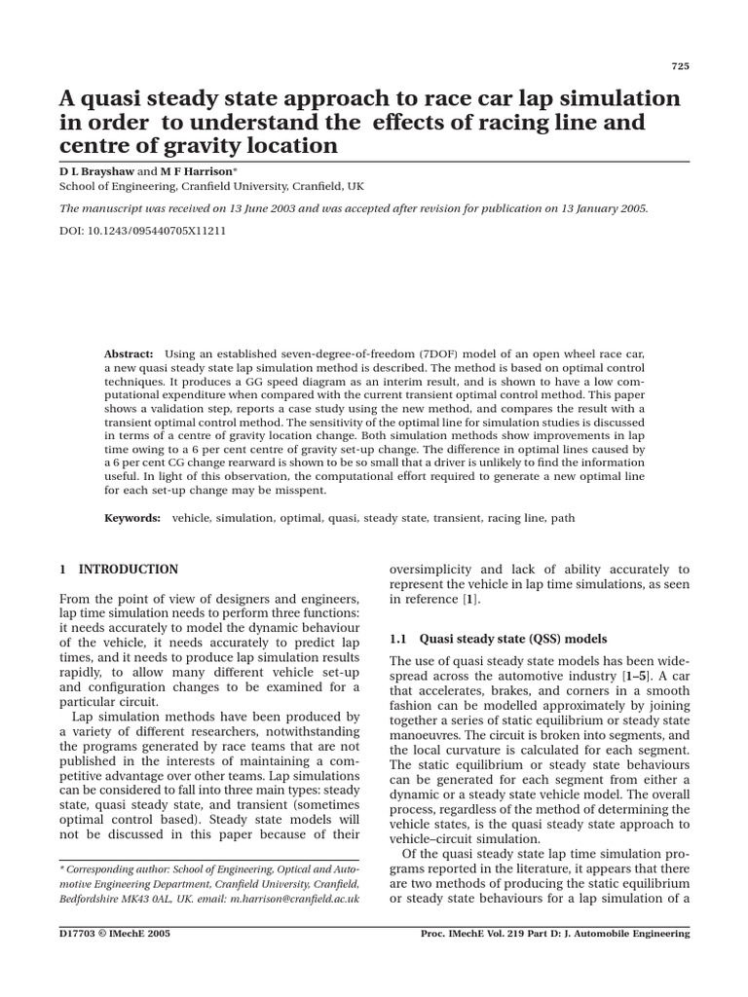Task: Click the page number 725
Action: pyautogui.click(x=681, y=66)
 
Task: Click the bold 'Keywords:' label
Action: pyautogui.click(x=132, y=519)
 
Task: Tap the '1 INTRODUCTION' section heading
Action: pyautogui.click(x=118, y=570)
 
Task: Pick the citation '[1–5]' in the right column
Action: pyautogui.click(x=639, y=675)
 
